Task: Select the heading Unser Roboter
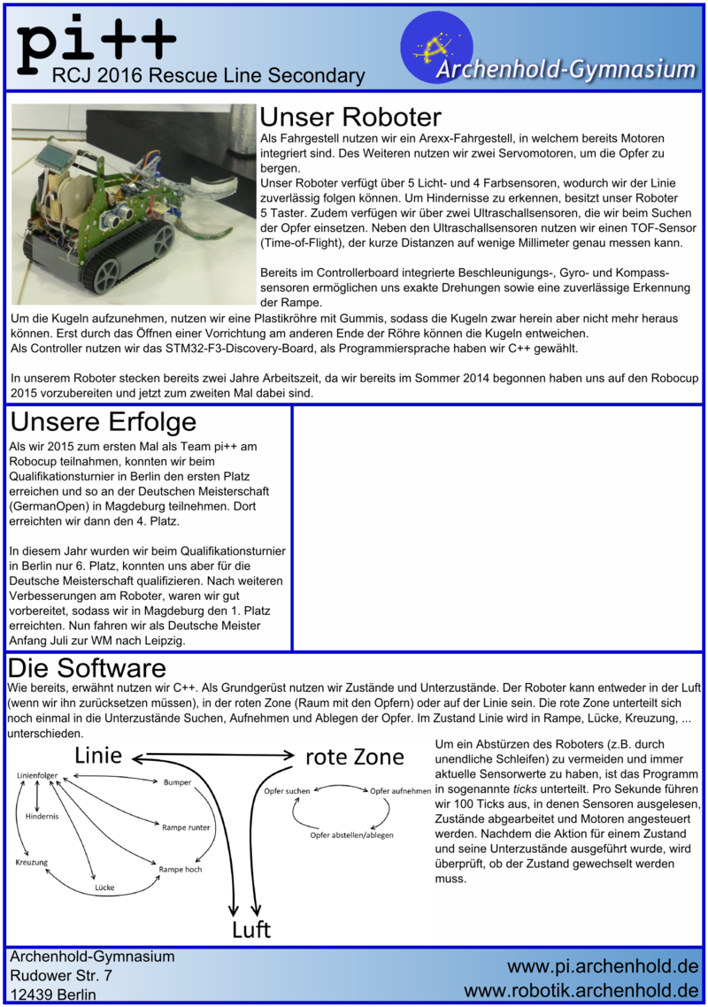tap(350, 118)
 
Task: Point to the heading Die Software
tap(86, 666)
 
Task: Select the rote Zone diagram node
tap(354, 757)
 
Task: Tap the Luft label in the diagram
tap(250, 930)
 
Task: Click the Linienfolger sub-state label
tap(37, 775)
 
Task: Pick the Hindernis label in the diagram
tap(42, 816)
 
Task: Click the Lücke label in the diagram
tap(105, 887)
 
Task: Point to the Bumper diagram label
tap(177, 782)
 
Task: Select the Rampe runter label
tap(185, 826)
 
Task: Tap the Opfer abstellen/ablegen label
tap(351, 834)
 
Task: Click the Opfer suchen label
tap(287, 789)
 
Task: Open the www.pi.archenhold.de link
tap(602, 965)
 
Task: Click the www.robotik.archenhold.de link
tap(581, 988)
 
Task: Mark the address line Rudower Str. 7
tap(60, 975)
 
